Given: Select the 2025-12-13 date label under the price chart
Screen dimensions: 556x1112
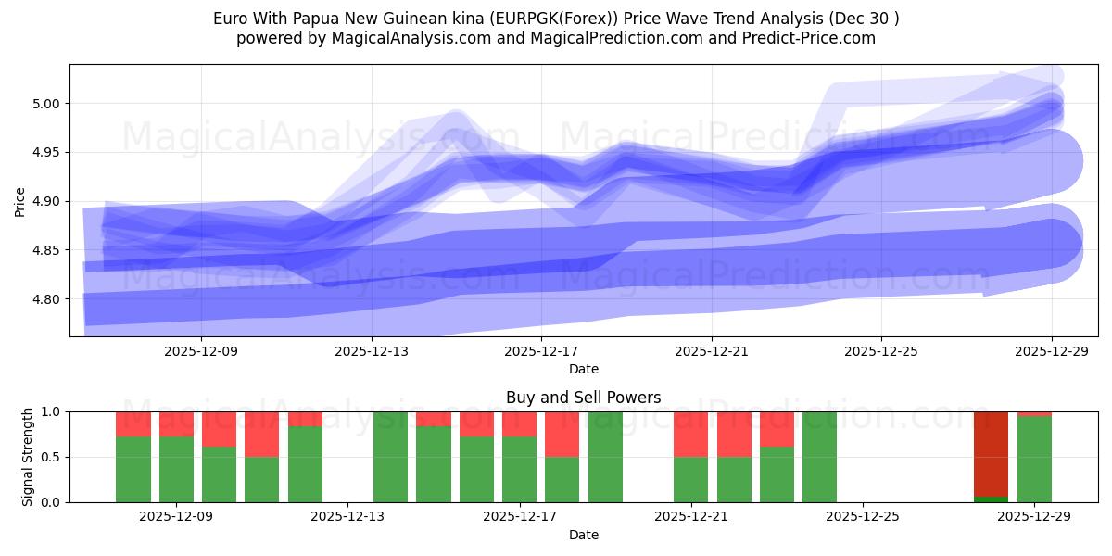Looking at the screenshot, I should pos(371,351).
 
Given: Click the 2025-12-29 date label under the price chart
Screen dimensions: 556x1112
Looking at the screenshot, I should pos(1051,351).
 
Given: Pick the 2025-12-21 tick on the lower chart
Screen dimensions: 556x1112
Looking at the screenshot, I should pos(691,517).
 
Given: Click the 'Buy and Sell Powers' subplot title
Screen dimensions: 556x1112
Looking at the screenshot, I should pos(583,398).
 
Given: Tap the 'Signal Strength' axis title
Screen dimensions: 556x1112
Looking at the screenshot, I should pos(28,456).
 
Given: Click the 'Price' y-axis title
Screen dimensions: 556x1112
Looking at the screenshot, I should pos(20,200).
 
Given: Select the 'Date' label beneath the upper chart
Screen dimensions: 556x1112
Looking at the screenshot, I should pos(583,369).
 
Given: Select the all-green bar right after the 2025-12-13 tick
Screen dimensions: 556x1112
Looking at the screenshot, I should pos(390,457).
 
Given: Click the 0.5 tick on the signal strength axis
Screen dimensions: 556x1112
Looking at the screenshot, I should pos(51,457).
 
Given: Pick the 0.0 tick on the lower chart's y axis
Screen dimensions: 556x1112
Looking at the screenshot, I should pos(51,502).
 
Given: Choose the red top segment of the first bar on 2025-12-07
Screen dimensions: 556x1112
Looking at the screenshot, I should pos(133,423).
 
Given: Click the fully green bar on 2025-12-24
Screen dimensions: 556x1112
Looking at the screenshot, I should pos(819,457).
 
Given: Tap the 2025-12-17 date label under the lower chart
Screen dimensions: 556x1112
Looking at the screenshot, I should pos(519,517).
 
